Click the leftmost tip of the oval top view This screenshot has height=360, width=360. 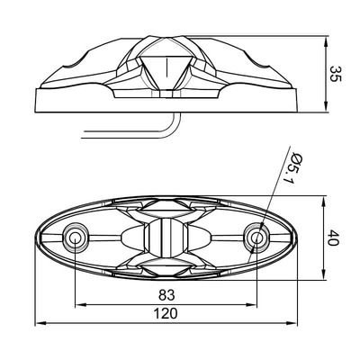coord(35,238)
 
